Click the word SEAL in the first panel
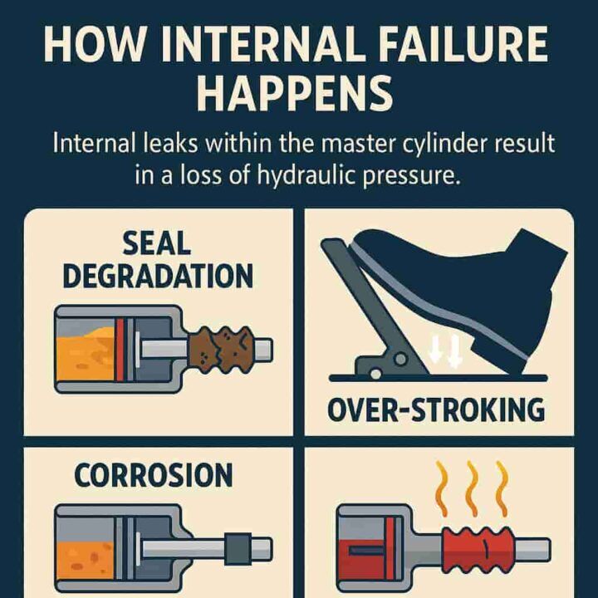(x=157, y=243)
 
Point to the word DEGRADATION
(x=158, y=275)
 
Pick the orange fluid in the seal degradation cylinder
(x=83, y=348)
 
